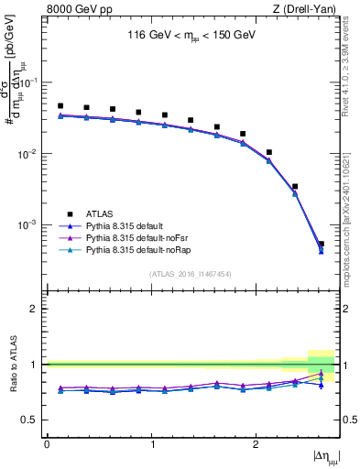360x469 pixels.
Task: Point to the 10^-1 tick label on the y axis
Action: coord(30,82)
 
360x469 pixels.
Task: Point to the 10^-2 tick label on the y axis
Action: coord(30,154)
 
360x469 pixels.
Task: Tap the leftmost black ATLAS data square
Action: coord(60,106)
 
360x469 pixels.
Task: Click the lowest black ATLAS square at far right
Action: coord(321,244)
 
